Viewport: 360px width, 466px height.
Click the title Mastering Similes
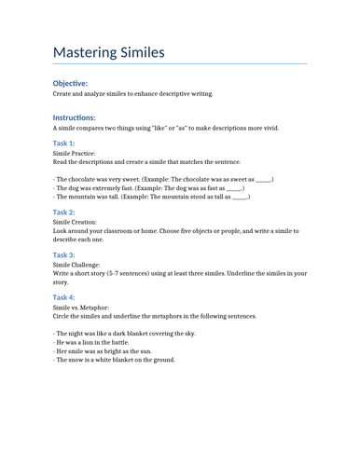coord(108,52)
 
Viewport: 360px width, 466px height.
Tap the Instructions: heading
coord(74,117)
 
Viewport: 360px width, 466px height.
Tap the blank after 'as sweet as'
coord(263,177)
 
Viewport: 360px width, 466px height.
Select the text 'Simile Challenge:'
coord(78,265)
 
